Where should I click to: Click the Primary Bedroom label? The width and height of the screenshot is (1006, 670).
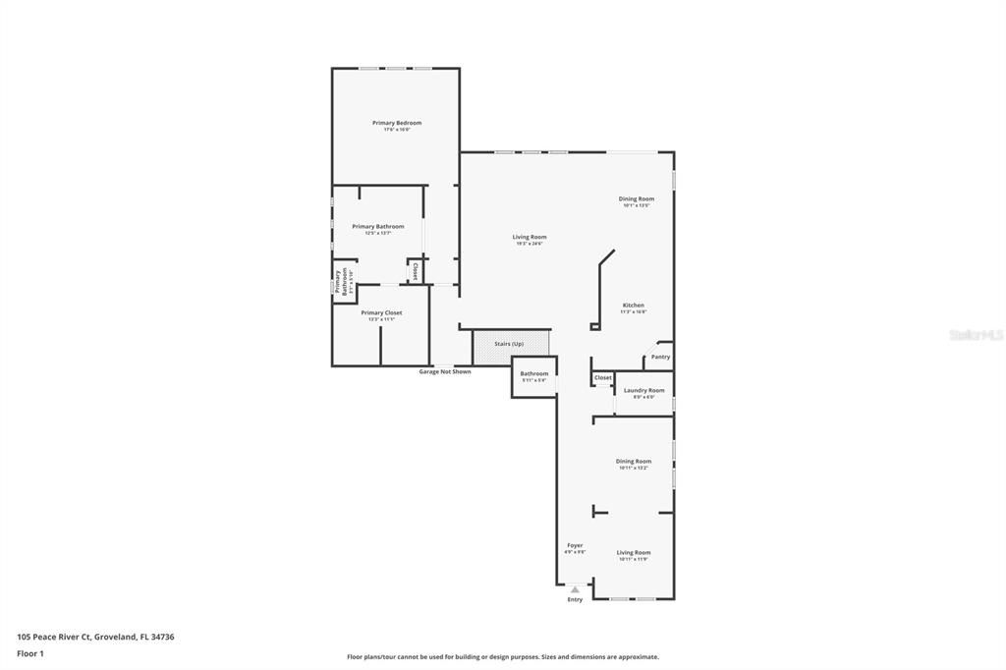[396, 123]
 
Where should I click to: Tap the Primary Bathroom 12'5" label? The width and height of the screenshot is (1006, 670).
[377, 227]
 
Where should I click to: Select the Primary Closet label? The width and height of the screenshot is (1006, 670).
[381, 313]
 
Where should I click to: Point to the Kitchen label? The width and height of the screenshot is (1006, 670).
[634, 306]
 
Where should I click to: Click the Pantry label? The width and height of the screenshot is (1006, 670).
[660, 357]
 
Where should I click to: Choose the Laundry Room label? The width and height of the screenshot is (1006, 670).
[643, 390]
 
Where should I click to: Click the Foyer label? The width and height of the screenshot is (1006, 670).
[575, 545]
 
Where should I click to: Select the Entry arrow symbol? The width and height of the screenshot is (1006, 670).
[575, 589]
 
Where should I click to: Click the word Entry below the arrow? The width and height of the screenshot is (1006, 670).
[575, 599]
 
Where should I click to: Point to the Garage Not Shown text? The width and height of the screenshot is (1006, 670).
[445, 371]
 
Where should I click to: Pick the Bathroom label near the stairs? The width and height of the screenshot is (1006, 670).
[534, 373]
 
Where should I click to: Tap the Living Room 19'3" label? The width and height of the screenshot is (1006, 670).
[530, 237]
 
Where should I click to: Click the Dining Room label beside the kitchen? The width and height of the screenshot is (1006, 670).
[637, 198]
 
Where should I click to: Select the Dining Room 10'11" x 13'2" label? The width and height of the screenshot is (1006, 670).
[634, 461]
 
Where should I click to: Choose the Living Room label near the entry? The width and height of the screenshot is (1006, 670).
[634, 552]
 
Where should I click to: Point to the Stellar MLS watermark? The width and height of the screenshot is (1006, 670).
[976, 335]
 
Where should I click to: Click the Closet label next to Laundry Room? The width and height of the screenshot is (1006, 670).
[603, 377]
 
